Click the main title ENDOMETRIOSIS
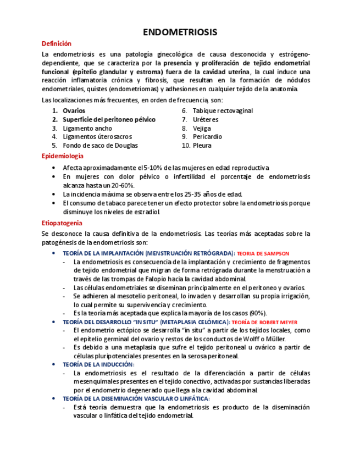tap(180, 32)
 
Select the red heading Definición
tap(57, 44)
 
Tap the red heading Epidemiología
tap(63, 157)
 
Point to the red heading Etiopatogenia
tap(62, 223)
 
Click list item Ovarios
tap(74, 111)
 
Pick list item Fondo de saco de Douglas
tap(100, 146)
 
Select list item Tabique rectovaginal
tap(223, 111)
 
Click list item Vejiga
tap(202, 129)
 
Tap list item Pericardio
tap(207, 137)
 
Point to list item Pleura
tap(202, 146)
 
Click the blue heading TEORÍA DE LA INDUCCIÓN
tap(98, 365)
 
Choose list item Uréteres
tap(206, 120)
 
